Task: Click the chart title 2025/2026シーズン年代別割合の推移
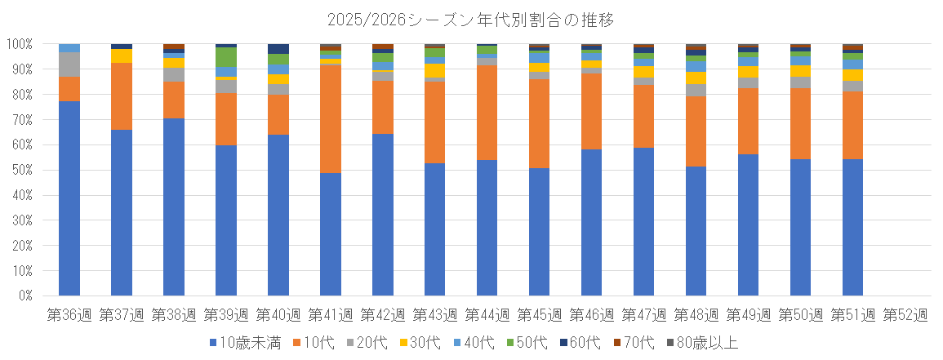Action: coord(470,18)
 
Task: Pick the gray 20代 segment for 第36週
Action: coord(69,64)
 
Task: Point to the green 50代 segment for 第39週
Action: coord(226,57)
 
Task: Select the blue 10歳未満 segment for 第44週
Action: coord(487,228)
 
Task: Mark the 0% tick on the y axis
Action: coord(23,296)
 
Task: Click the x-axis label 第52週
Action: coord(905,313)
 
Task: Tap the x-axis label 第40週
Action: coord(278,313)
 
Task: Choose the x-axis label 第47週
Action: coord(644,313)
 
